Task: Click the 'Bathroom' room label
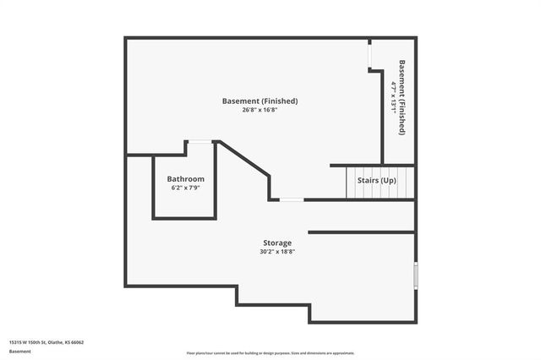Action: tap(185, 179)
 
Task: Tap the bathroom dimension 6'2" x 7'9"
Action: tap(185, 188)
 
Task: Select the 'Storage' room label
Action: tap(276, 243)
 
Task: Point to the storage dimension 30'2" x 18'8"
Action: tap(276, 251)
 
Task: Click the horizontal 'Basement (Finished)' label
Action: tap(260, 101)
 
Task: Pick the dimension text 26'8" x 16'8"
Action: tap(260, 110)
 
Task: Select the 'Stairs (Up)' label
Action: tap(376, 181)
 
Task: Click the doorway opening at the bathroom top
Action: tap(199, 142)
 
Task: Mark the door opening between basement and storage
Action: tap(292, 199)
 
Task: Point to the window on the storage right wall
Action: tap(415, 275)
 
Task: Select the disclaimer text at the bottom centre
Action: tap(270, 352)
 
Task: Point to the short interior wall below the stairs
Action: tap(361, 232)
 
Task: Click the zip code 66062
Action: tap(78, 342)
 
